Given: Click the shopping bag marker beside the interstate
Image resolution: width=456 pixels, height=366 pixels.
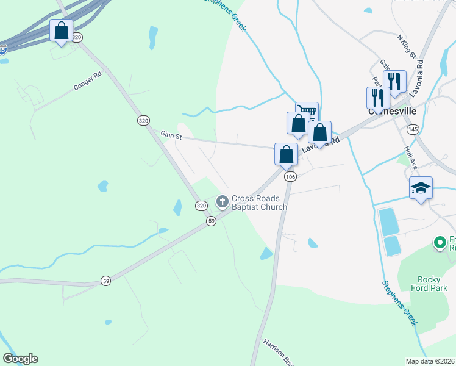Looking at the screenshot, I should (x=61, y=30).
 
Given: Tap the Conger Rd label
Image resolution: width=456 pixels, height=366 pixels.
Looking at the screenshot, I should (x=87, y=82).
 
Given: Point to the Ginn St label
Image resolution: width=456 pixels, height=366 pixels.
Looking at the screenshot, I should (x=171, y=135).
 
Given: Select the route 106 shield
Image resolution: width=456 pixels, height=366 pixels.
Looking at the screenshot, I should (x=290, y=176).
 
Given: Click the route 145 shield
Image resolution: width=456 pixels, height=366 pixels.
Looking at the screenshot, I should (x=413, y=129).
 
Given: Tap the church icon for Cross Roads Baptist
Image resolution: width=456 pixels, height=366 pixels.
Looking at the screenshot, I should (x=223, y=200).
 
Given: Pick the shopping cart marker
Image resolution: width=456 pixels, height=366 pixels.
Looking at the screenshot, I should (x=307, y=112).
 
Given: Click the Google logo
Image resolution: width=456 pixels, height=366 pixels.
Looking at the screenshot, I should (x=20, y=358).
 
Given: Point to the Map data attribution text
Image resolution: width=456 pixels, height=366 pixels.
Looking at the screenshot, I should (x=430, y=361).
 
